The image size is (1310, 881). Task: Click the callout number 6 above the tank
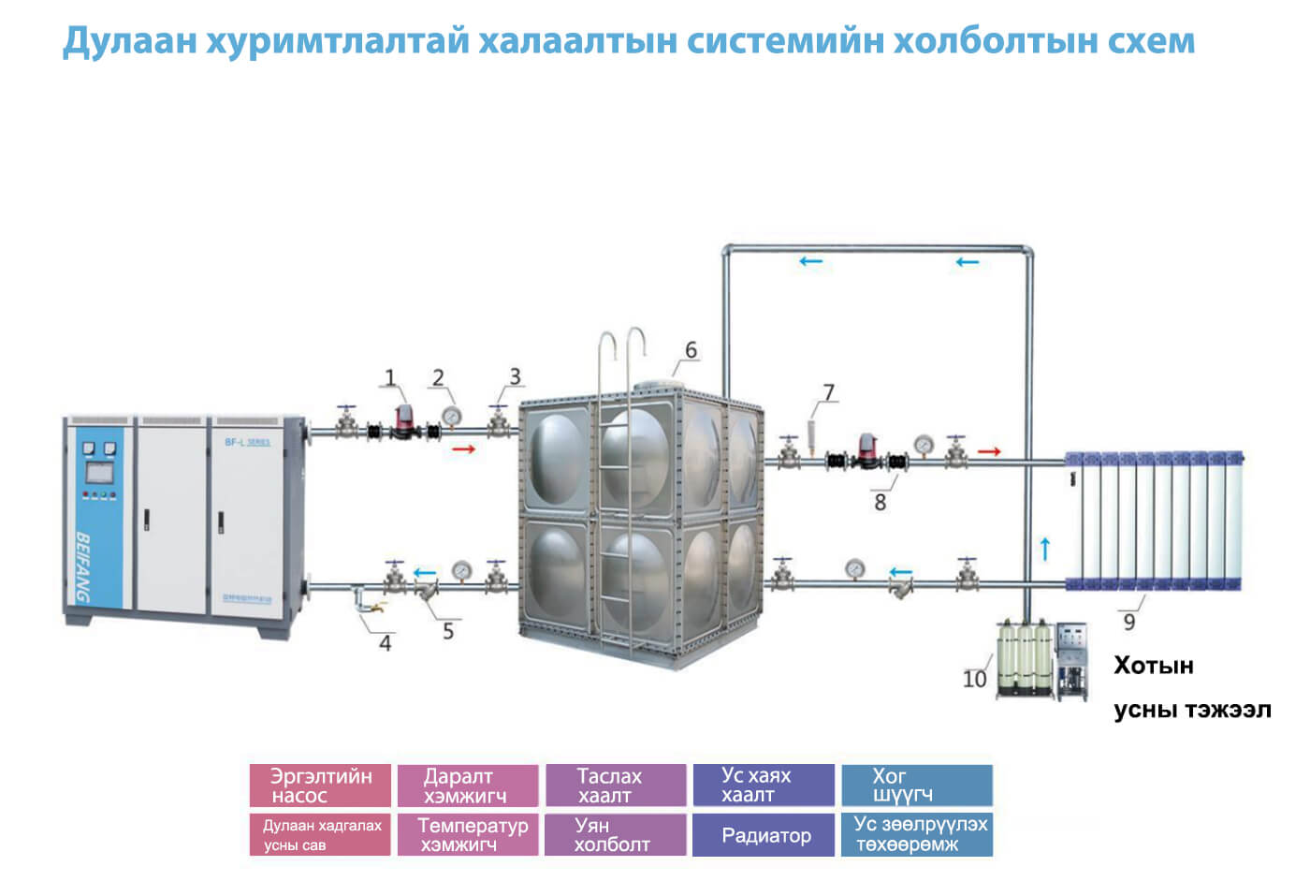click(x=691, y=350)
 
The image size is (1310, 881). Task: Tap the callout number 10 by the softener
click(x=974, y=679)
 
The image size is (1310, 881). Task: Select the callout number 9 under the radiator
click(x=1128, y=622)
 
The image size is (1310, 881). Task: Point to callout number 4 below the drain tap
click(x=385, y=643)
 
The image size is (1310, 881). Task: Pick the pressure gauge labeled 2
click(x=451, y=415)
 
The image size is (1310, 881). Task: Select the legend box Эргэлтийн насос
click(x=320, y=786)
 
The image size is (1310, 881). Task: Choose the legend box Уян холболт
click(x=616, y=835)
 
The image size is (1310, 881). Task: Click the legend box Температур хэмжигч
click(x=468, y=835)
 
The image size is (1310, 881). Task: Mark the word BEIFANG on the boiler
click(x=84, y=567)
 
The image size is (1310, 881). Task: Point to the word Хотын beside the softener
click(x=1153, y=667)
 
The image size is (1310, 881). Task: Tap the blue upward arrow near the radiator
click(x=1045, y=549)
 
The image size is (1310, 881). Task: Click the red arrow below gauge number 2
click(x=464, y=449)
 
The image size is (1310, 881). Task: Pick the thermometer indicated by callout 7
click(x=811, y=433)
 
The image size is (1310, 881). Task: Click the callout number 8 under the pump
click(x=880, y=502)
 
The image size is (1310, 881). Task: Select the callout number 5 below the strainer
click(x=448, y=632)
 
